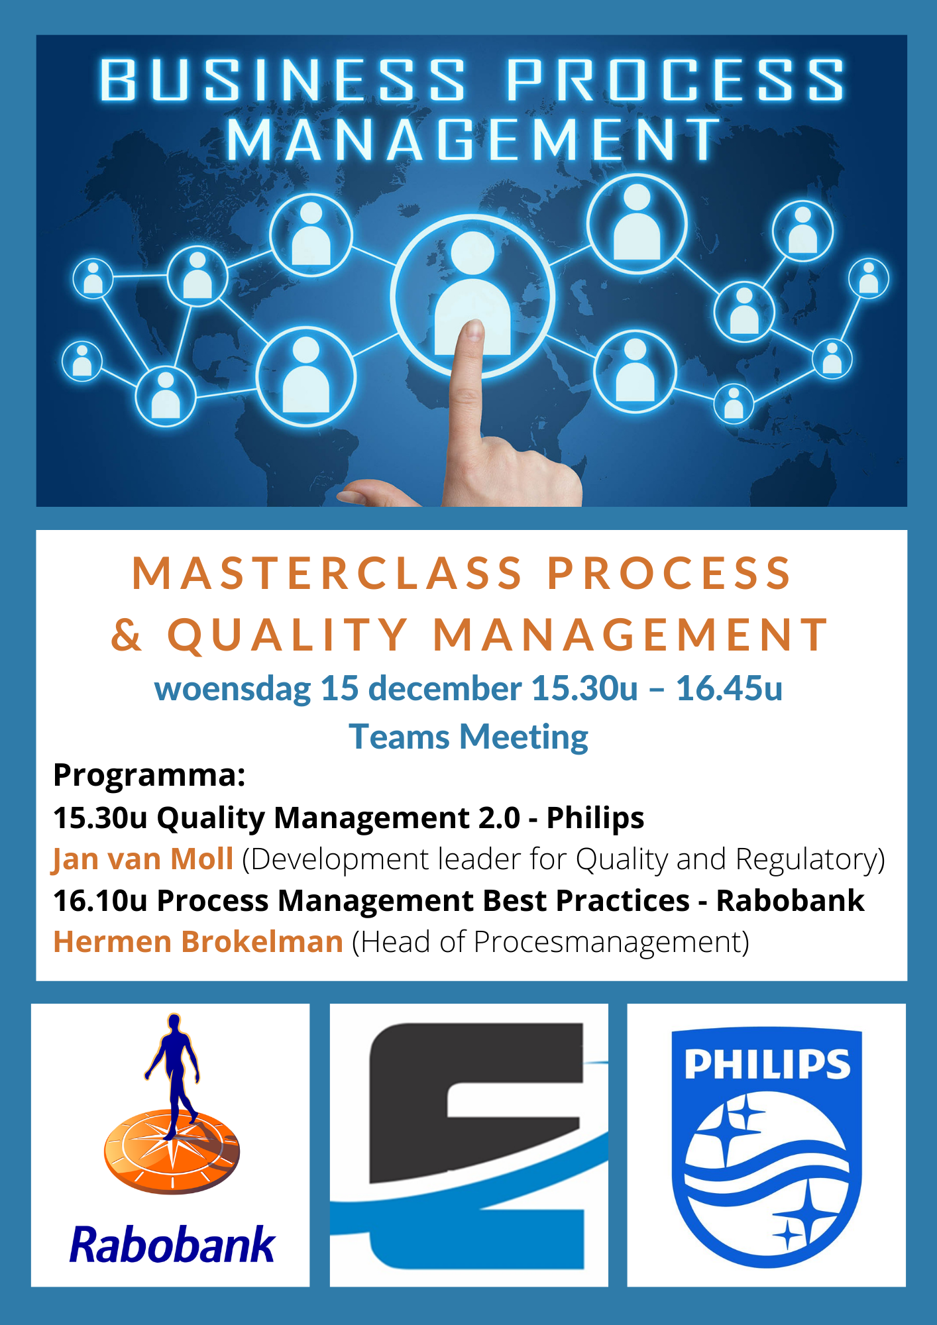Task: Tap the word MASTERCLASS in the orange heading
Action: (x=328, y=572)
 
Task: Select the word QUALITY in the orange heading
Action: (x=288, y=635)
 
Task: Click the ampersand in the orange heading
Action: (x=127, y=635)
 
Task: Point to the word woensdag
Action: (x=233, y=689)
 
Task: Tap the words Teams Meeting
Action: (x=468, y=737)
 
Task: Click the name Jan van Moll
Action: (x=143, y=859)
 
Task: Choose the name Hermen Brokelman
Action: (x=198, y=941)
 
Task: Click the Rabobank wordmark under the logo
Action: (x=172, y=1245)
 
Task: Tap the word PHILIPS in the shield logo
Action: (x=767, y=1064)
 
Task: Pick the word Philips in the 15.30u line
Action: (x=595, y=818)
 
